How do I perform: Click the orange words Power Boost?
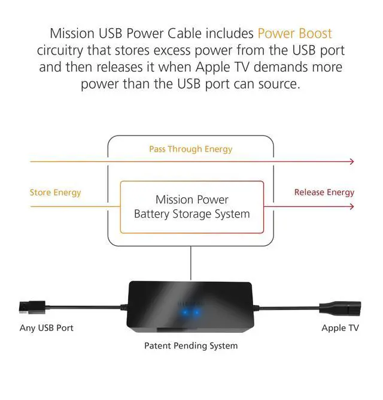pyautogui.click(x=294, y=33)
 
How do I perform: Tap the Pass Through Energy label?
pyautogui.click(x=190, y=149)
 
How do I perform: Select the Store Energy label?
pyautogui.click(x=55, y=193)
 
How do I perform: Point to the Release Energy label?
pyautogui.click(x=324, y=193)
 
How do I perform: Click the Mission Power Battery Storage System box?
pyautogui.click(x=191, y=207)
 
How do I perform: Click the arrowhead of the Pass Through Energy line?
pyautogui.click(x=351, y=161)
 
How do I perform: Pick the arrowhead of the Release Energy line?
pyautogui.click(x=351, y=207)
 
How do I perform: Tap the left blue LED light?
pyautogui.click(x=184, y=312)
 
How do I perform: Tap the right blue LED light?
pyautogui.click(x=197, y=312)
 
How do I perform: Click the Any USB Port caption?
pyautogui.click(x=47, y=328)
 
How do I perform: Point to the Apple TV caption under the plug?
pyautogui.click(x=341, y=328)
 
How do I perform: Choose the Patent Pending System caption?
pyautogui.click(x=191, y=345)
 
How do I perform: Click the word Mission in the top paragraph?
pyautogui.click(x=72, y=33)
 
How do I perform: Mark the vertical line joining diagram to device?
pyautogui.click(x=191, y=262)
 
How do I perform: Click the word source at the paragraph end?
pyautogui.click(x=278, y=83)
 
